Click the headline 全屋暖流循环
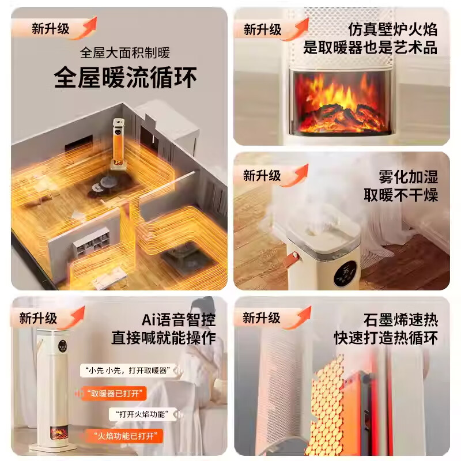pos(125,77)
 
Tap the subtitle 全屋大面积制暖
pos(125,53)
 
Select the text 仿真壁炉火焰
pos(393,29)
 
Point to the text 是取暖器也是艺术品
pos(371,48)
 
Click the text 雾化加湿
pos(408,177)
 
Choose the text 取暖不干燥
pos(400,195)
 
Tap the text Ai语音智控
pos(179,320)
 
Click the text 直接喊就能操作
pos(164,338)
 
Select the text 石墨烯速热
pos(400,320)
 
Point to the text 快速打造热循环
pos(386,338)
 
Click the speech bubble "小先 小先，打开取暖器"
pos(128,371)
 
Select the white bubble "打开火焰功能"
pos(143,414)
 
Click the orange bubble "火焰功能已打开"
pos(124,436)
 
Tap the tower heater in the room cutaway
pos(118,143)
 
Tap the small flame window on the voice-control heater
pos(59,433)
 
